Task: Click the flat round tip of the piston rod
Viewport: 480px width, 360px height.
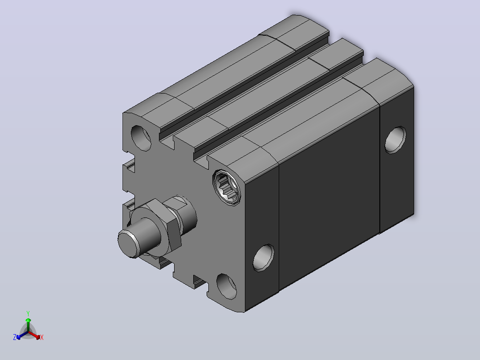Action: point(128,243)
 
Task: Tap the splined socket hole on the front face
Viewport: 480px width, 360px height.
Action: point(227,188)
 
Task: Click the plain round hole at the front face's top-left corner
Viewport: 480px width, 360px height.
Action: point(141,138)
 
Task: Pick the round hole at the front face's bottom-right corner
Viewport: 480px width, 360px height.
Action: point(227,287)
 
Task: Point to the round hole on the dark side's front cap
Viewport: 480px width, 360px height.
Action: point(264,258)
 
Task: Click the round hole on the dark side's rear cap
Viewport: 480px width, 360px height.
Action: point(395,140)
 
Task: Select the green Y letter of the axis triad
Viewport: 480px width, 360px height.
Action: point(28,313)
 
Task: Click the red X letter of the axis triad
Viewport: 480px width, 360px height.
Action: point(42,337)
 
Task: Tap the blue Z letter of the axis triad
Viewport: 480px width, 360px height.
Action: point(15,337)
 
